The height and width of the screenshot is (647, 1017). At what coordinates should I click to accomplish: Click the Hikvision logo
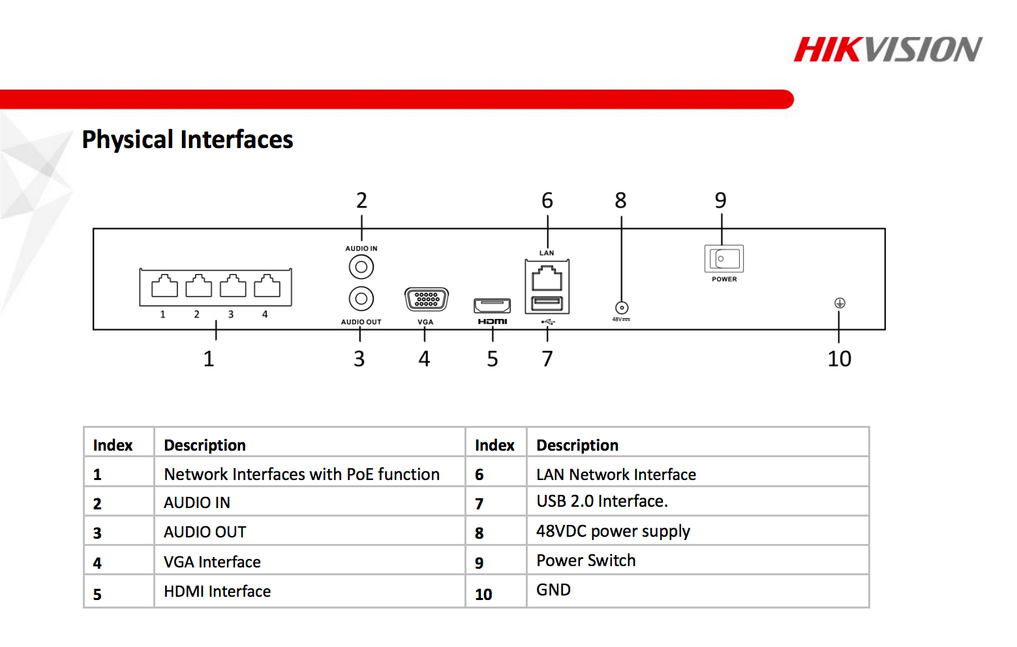(887, 50)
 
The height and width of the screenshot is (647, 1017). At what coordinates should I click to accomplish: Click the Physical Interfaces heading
(187, 140)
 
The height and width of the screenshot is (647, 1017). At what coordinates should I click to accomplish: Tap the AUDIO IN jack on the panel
(361, 267)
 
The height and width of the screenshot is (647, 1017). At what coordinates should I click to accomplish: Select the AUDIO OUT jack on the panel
(361, 299)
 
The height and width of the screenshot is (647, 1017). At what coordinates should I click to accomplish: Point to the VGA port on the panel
(427, 299)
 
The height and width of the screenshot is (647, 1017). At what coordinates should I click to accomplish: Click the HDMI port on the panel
(493, 305)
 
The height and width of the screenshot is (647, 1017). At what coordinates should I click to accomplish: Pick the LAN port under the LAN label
(547, 278)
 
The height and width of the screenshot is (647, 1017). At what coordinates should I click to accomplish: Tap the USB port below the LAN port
(547, 303)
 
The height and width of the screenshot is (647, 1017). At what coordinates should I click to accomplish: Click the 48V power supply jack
(622, 308)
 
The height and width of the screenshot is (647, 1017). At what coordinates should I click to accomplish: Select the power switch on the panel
(724, 259)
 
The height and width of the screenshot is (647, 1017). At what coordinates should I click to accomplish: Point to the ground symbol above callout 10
(840, 303)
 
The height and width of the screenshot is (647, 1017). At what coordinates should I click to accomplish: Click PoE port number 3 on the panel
(233, 286)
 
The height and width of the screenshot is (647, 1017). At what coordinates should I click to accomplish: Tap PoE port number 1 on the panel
(164, 286)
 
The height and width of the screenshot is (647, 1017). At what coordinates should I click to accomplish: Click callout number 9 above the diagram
(720, 200)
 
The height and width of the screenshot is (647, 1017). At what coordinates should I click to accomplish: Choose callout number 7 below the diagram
(547, 359)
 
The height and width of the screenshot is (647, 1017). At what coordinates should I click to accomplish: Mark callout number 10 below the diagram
(839, 359)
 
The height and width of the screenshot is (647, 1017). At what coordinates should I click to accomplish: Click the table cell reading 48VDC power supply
(613, 531)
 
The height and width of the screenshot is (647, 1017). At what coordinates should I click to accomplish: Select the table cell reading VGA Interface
(212, 562)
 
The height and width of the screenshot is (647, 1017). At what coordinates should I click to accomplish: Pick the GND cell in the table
(553, 590)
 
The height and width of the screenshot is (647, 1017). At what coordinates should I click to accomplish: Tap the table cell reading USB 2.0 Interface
(601, 501)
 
